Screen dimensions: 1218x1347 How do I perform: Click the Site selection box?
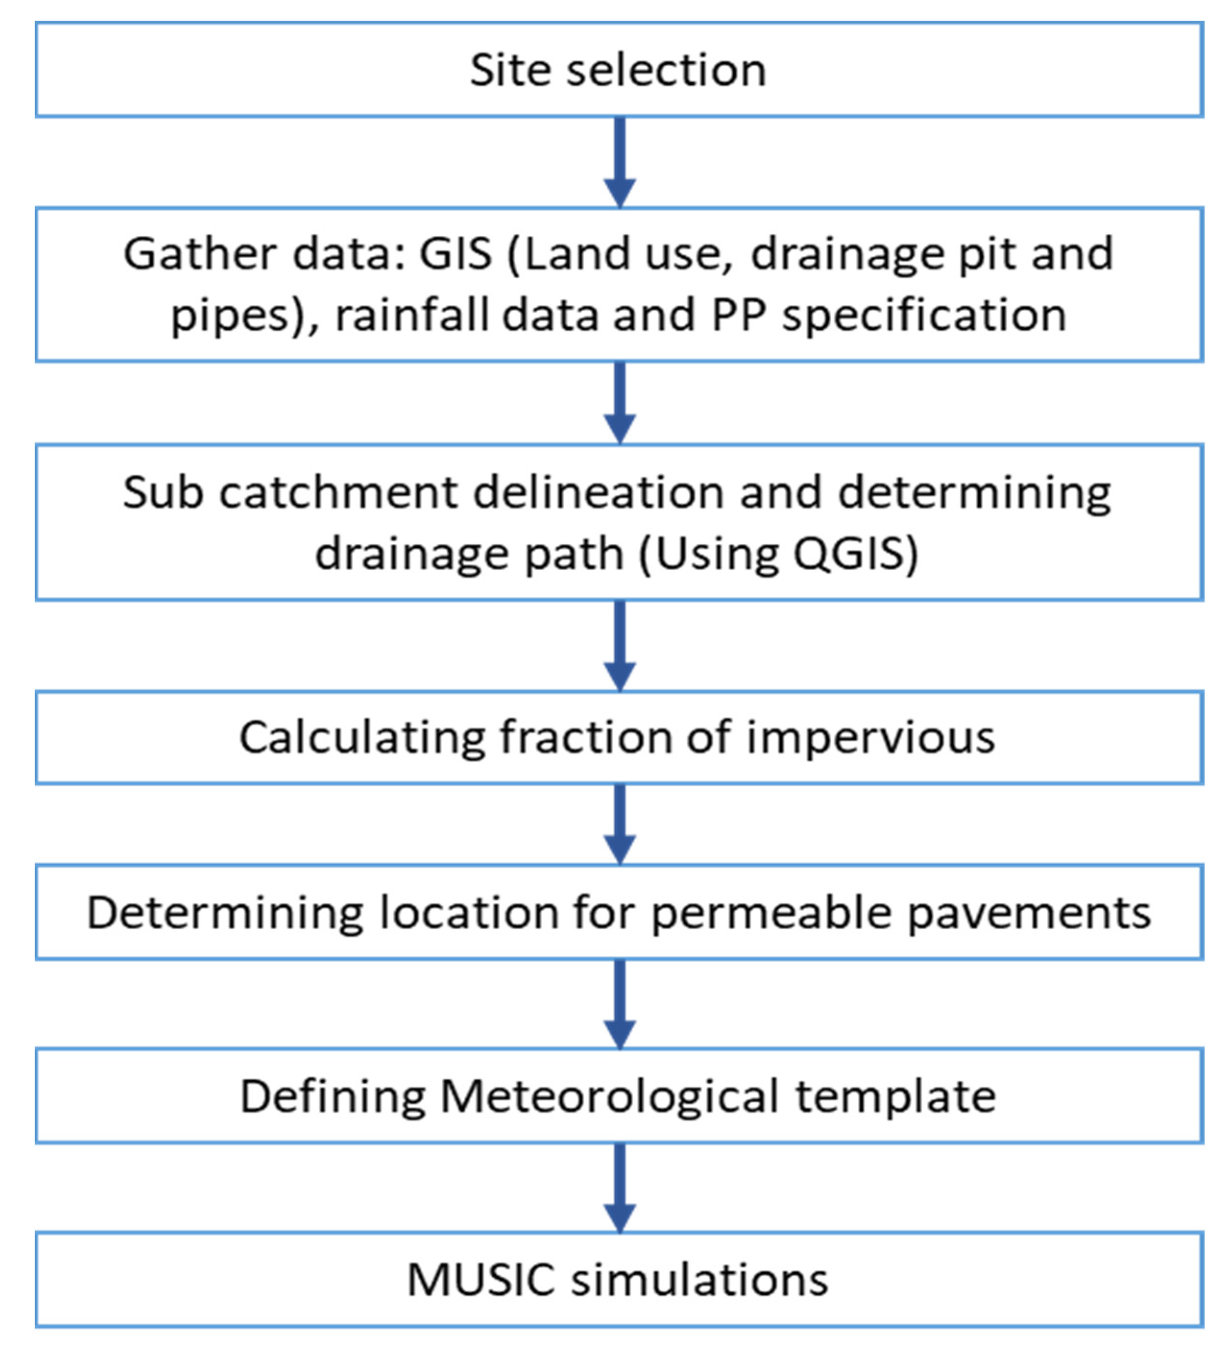[619, 70]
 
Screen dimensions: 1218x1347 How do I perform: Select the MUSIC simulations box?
[619, 1279]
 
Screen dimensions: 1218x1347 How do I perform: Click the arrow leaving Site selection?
[619, 162]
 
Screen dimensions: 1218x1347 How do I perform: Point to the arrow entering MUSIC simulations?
[619, 1187]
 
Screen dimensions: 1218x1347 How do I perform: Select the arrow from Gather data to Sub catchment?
[619, 403]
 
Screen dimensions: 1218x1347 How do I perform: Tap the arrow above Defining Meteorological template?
[619, 1004]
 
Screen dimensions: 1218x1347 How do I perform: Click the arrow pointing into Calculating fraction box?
[619, 646]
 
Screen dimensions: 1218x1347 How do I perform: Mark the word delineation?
[599, 493]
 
